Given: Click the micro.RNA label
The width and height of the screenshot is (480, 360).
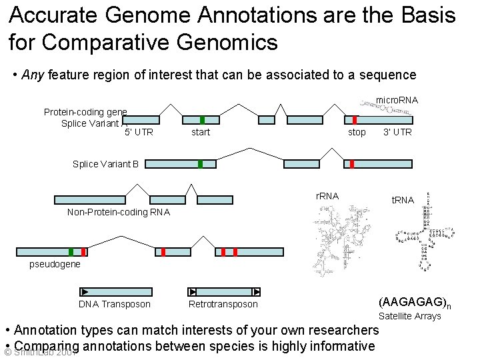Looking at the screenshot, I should (x=397, y=100).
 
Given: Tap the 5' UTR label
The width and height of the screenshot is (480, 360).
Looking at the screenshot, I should (x=139, y=132).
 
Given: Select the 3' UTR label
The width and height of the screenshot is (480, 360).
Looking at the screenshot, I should (x=397, y=132).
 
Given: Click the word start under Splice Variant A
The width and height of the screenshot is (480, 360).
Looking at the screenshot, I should (x=201, y=132).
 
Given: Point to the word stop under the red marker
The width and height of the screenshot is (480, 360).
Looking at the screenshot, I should (x=357, y=132).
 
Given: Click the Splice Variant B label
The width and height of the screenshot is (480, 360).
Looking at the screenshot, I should (x=105, y=164).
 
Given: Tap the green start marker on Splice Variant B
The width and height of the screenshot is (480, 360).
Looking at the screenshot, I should (x=200, y=164).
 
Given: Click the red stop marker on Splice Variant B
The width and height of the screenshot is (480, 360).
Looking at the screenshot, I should (x=352, y=164).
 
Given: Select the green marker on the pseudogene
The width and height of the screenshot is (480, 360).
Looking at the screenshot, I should (x=71, y=252).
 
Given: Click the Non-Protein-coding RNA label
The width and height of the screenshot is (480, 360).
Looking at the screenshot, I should (x=119, y=212).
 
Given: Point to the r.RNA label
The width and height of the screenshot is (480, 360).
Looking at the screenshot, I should (x=327, y=196).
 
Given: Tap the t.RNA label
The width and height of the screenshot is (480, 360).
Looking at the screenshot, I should (x=403, y=200).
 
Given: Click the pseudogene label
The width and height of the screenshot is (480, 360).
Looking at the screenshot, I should (x=55, y=264).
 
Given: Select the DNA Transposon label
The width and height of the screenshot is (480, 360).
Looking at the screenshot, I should (x=115, y=304).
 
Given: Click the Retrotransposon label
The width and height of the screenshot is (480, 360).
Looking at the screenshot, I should (x=223, y=304).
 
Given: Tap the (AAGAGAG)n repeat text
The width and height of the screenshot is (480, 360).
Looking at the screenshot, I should (x=415, y=302).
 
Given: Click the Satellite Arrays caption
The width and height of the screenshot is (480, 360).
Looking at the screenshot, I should (x=410, y=316).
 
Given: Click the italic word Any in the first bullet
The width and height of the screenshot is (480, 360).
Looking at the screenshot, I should (x=32, y=75).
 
